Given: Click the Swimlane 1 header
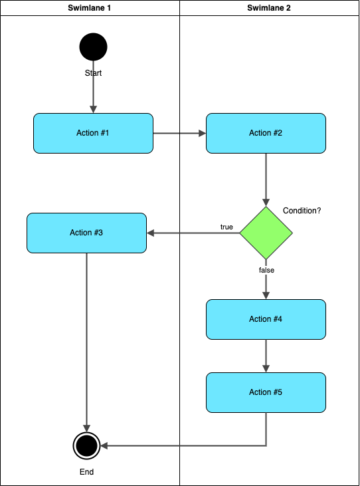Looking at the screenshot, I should (x=90, y=8).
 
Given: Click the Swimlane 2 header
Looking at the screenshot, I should (x=269, y=8).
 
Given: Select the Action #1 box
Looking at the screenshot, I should (x=93, y=133).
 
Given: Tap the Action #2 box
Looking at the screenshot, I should (x=266, y=133).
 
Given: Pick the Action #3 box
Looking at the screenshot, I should (x=86, y=233).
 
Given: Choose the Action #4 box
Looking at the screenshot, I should (x=266, y=319).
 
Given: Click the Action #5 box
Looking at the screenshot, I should (x=266, y=392).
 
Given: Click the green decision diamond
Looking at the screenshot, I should (x=266, y=233).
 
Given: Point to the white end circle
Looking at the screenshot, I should (x=86, y=445).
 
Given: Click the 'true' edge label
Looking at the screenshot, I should (x=226, y=227).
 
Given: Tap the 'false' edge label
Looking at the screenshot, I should (x=266, y=271).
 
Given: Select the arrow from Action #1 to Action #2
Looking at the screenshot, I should (x=179, y=133).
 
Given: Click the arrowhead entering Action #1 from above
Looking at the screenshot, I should (x=93, y=109).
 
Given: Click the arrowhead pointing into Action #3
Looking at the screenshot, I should (x=151, y=233).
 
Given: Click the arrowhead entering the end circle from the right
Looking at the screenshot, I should (x=104, y=445).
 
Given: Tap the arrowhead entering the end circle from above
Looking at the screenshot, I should (x=86, y=428).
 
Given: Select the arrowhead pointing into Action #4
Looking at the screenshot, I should (x=266, y=295).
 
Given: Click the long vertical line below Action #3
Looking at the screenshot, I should (x=86, y=332).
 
